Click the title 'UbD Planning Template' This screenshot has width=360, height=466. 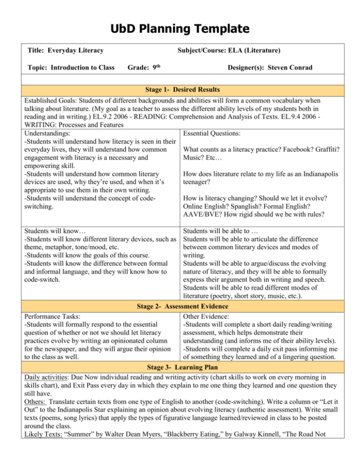pyautogui.click(x=180, y=30)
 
